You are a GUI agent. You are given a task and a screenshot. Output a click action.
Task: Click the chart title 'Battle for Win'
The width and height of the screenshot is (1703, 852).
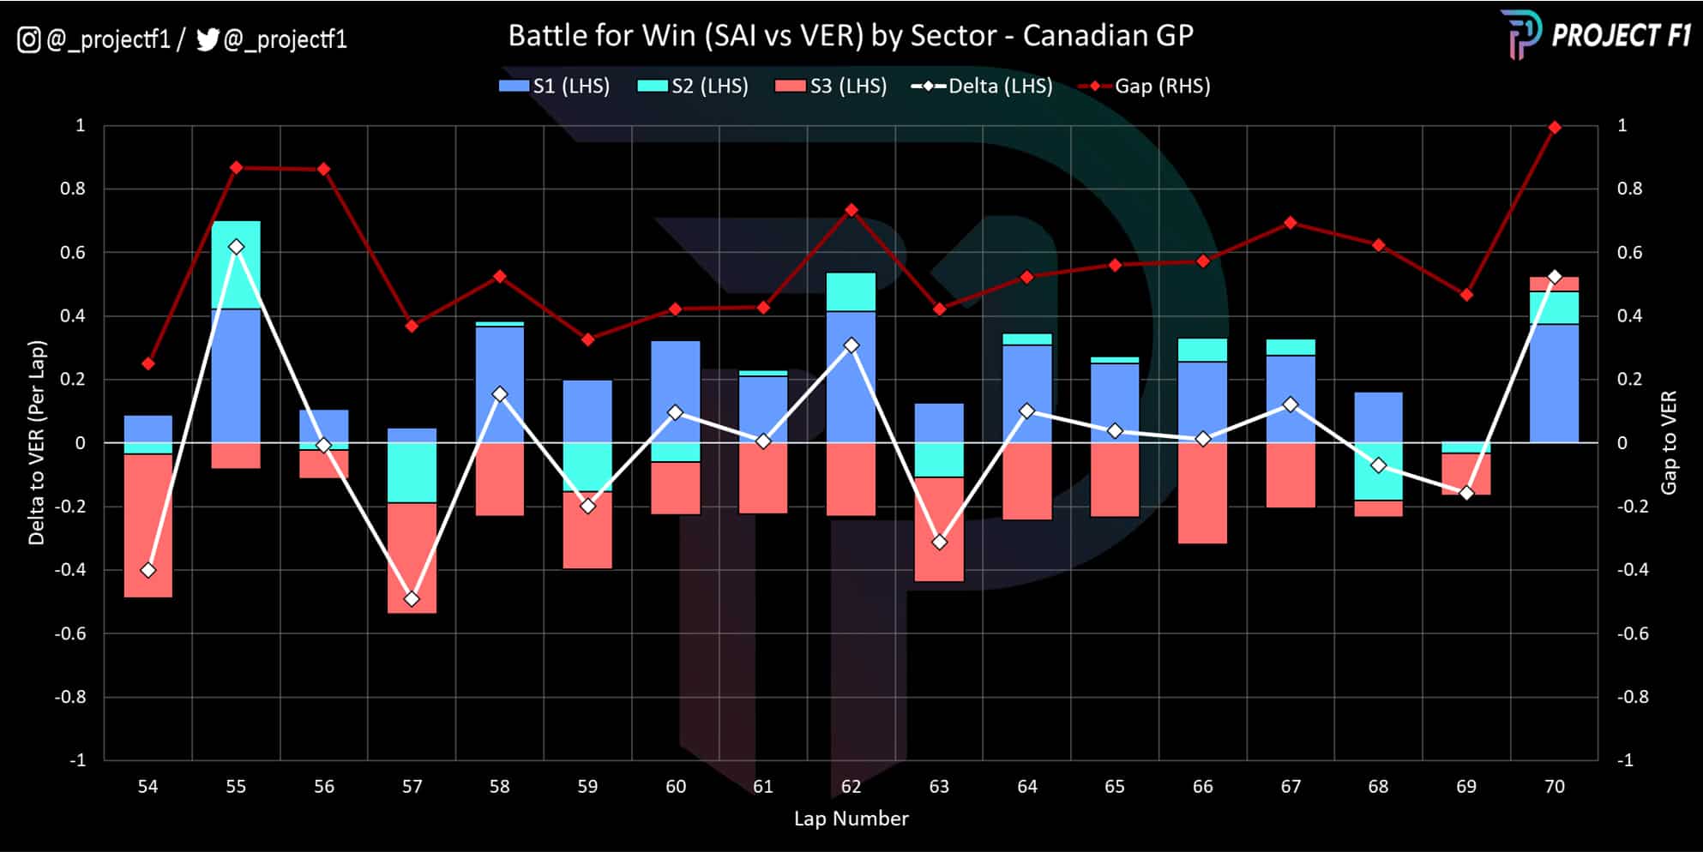tap(850, 35)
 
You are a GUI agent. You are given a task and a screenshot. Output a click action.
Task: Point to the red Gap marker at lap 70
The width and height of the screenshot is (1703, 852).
tap(1554, 128)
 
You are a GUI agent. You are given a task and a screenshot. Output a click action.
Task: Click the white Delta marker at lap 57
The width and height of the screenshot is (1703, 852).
tap(412, 598)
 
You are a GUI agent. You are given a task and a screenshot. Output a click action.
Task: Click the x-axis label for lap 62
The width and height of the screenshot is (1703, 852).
tap(851, 786)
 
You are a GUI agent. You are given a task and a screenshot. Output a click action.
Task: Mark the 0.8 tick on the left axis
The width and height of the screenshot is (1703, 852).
tap(73, 189)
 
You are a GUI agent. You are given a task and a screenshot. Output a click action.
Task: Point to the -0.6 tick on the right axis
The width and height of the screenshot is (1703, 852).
tap(1632, 633)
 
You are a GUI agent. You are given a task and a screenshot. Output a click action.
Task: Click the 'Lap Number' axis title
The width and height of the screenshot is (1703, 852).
tap(851, 819)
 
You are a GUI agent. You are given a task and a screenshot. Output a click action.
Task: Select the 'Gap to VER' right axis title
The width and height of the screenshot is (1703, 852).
tap(1668, 442)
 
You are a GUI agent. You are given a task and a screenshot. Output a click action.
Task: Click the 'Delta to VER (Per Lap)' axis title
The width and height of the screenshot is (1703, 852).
tap(36, 442)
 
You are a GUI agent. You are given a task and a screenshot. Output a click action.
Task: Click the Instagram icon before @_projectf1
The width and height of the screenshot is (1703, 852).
tap(28, 39)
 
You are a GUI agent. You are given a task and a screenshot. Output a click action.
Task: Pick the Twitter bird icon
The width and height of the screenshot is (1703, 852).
tap(208, 39)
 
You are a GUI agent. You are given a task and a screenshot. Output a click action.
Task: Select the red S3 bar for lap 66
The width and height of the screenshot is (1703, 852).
tap(1202, 493)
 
